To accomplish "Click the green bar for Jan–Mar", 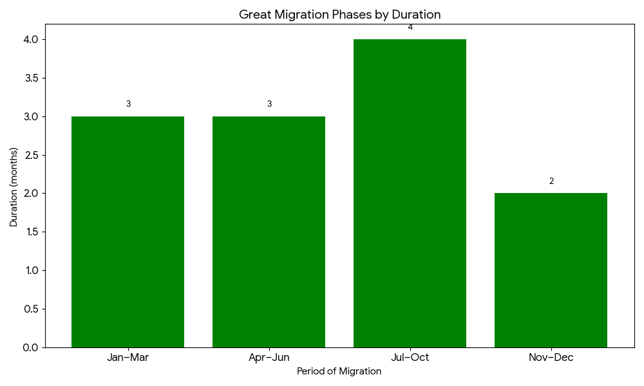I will click(128, 232).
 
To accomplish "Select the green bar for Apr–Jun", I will click(269, 232).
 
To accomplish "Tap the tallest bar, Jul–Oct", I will click(410, 193).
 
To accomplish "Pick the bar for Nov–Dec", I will click(551, 270).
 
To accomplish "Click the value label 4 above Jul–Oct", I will click(410, 27).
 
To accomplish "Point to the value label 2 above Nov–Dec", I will click(551, 181).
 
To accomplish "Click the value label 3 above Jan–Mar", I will click(128, 104).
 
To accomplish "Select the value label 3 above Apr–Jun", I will click(269, 104).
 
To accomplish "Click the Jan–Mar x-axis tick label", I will click(128, 358).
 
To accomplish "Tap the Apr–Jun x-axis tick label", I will click(269, 358).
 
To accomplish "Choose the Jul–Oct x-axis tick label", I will click(410, 358).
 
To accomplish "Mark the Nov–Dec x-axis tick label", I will click(551, 358).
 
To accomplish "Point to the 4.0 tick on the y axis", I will click(30, 40).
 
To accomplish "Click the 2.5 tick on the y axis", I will click(30, 155).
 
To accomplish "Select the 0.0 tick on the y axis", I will click(30, 347).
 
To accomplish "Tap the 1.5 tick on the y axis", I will click(30, 232).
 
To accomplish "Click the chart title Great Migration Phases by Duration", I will click(339, 14).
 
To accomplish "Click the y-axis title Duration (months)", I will click(14, 187).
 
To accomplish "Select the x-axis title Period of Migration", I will click(339, 372).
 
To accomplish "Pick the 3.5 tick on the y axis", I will click(30, 78).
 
